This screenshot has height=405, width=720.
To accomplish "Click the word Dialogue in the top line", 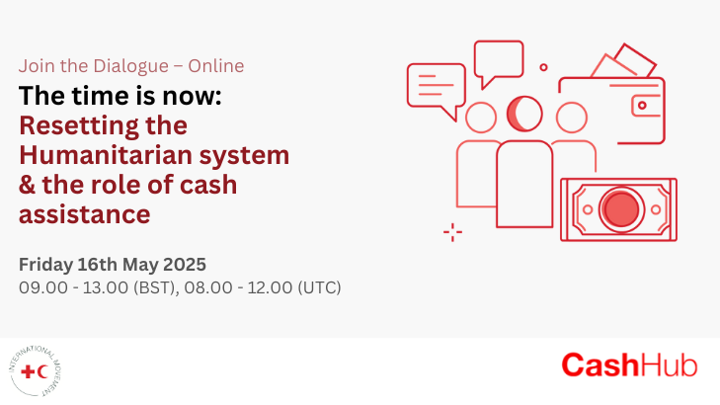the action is (131, 66).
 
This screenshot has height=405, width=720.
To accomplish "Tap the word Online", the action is (216, 65).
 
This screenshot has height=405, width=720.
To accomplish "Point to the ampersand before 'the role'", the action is (27, 185).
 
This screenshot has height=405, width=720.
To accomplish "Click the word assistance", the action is (85, 214).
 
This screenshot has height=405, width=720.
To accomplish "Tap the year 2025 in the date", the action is (185, 265).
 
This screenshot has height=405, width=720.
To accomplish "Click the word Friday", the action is (45, 265).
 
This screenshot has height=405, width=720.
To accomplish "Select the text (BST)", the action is (156, 287).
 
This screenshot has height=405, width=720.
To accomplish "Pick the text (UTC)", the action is (319, 287).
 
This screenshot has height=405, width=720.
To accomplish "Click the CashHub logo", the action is (629, 365).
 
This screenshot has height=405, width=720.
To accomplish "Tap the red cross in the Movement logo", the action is (28, 371).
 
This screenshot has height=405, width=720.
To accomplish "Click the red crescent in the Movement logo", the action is (42, 371).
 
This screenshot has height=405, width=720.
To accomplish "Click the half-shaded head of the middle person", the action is (524, 114).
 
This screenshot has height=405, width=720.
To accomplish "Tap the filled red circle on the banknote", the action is (621, 209).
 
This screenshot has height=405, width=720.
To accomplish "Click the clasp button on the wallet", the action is (642, 106).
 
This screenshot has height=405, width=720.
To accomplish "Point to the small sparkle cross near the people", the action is (452, 232).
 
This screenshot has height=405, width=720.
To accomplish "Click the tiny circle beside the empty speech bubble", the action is (543, 67).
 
